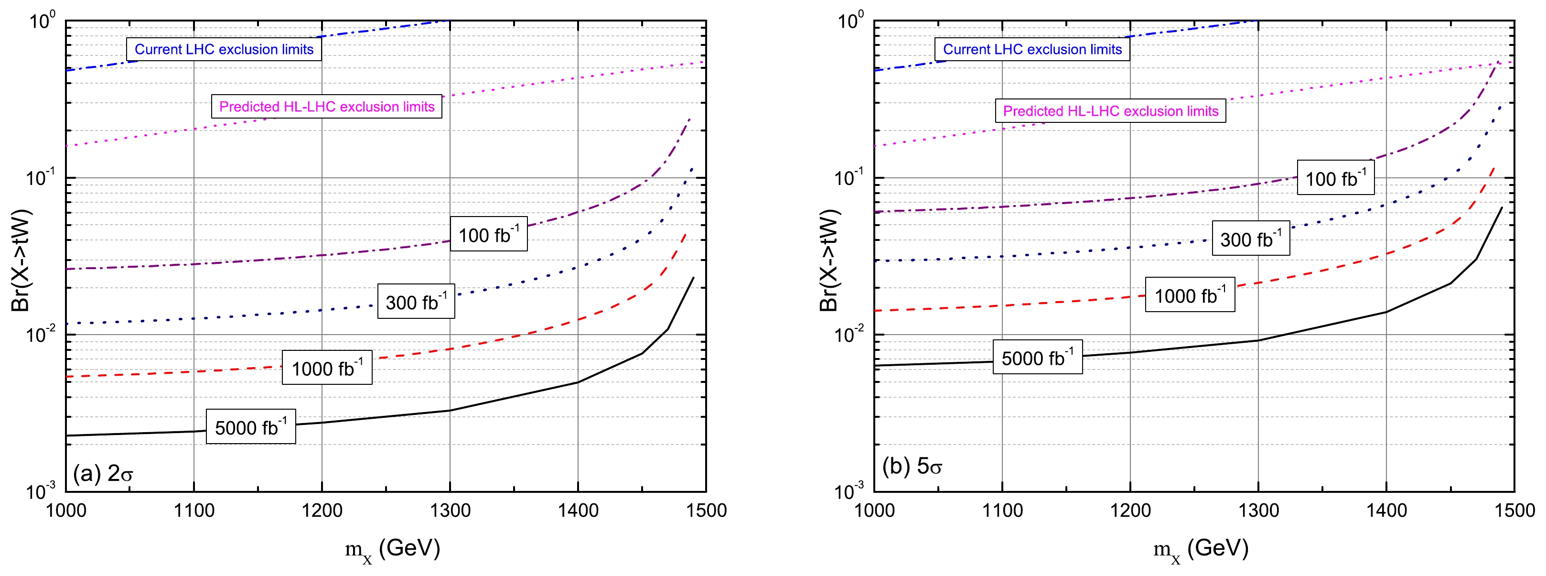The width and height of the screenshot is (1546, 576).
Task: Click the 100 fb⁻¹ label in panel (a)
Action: click(x=489, y=234)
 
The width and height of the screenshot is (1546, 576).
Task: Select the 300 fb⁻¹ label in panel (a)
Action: click(x=416, y=302)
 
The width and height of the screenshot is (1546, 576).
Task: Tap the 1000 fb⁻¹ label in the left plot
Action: click(x=327, y=368)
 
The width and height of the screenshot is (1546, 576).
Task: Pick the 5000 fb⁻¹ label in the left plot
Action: click(x=251, y=427)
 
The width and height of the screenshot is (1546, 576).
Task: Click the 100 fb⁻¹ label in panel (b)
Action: click(x=1335, y=178)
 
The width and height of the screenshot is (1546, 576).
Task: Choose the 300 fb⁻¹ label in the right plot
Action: click(x=1251, y=239)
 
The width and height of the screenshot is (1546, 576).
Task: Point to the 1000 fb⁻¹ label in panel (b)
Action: click(x=1190, y=295)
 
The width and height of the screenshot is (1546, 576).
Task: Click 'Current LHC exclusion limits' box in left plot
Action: click(x=224, y=49)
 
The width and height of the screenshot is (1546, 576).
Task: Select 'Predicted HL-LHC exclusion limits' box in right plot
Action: click(x=1110, y=111)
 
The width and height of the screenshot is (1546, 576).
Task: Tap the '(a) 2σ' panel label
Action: click(x=103, y=473)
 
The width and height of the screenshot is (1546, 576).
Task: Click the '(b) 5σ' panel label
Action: click(x=912, y=466)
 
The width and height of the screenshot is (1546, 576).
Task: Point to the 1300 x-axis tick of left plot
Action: click(x=450, y=511)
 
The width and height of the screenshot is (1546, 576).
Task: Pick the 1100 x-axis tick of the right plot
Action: click(x=1002, y=511)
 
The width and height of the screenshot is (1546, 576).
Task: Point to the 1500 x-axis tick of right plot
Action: click(x=1514, y=511)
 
